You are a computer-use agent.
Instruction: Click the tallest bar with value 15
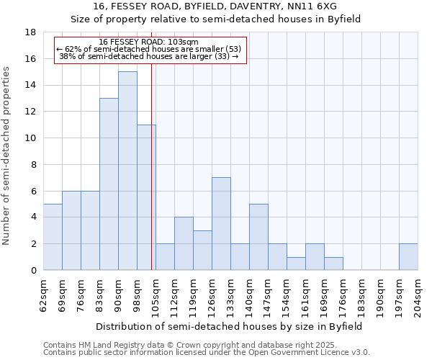click(127, 171)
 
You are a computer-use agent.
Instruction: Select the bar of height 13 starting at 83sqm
click(109, 184)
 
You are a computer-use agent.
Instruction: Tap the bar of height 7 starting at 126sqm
click(221, 223)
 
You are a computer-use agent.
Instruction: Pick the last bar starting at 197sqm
click(408, 257)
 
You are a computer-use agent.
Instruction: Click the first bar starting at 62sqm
click(53, 237)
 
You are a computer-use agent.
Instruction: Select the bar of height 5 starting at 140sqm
click(258, 237)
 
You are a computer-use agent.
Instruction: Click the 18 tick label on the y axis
click(31, 32)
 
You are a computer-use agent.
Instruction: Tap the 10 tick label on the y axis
click(31, 138)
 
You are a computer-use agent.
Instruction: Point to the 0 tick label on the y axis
click(34, 270)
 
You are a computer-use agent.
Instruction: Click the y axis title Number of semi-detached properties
click(7, 156)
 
